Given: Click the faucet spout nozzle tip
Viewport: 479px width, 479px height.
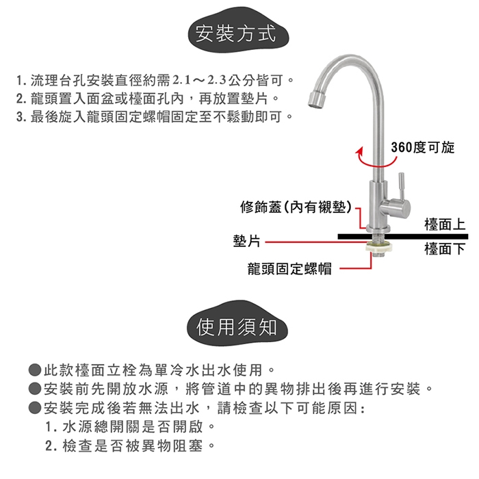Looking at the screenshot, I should tap(314, 100).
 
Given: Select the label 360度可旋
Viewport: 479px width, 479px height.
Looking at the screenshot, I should tap(423, 148).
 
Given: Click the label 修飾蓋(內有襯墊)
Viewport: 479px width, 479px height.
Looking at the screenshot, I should tap(295, 207).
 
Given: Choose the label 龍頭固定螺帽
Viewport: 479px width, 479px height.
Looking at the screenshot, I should tap(289, 268).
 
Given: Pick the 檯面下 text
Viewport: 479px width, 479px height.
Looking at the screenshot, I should tap(445, 249).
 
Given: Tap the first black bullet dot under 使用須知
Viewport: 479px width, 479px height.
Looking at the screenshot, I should tap(35, 370).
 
